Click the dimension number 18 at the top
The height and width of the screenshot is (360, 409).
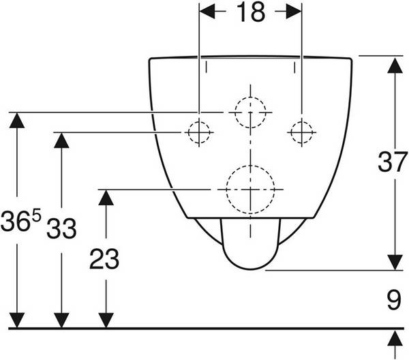(251, 12)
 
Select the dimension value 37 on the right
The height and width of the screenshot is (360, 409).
(393, 162)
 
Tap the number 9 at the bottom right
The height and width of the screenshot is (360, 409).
(394, 300)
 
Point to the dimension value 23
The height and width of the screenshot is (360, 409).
(104, 259)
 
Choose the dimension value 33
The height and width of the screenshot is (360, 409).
(61, 229)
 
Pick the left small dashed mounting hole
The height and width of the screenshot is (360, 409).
(199, 132)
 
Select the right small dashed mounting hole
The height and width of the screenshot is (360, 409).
(301, 132)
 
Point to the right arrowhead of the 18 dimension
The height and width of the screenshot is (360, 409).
(294, 11)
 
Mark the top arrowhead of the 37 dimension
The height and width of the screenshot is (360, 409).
(395, 65)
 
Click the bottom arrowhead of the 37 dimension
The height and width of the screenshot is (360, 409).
(395, 262)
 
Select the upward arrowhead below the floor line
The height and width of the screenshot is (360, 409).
(395, 338)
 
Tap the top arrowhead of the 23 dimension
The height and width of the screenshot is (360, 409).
(106, 198)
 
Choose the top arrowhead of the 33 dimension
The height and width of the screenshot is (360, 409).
(61, 140)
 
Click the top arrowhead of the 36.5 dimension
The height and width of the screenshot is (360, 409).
(17, 120)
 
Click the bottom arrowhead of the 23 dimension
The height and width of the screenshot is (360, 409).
(106, 320)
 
